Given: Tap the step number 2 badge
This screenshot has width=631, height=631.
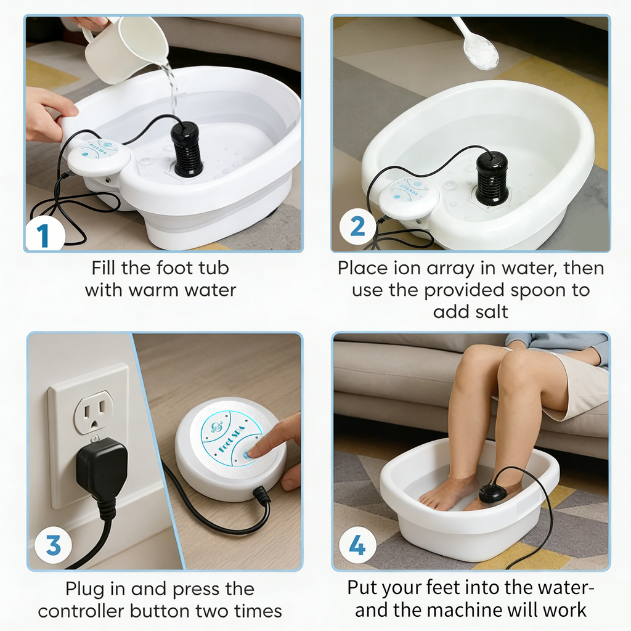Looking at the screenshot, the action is pyautogui.click(x=358, y=227).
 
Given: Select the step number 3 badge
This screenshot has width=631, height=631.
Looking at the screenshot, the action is pyautogui.click(x=53, y=545).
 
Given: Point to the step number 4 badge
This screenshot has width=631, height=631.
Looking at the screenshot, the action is pyautogui.click(x=358, y=546).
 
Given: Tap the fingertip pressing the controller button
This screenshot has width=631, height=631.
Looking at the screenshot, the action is pyautogui.click(x=252, y=453).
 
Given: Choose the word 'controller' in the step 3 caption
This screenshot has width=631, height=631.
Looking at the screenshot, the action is pyautogui.click(x=81, y=611).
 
